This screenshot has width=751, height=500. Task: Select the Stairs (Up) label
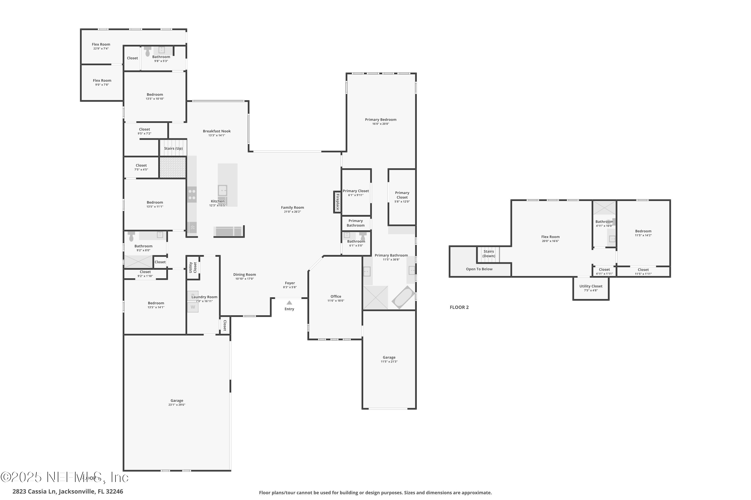[173, 148]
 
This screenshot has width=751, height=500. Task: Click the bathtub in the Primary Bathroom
[403, 297]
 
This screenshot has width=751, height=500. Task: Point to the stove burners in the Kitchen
[192, 194]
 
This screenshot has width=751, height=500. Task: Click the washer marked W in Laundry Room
[193, 307]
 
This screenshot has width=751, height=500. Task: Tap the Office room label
[336, 296]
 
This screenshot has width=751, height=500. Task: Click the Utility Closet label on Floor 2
[591, 286]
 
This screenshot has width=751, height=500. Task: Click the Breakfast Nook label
[217, 131]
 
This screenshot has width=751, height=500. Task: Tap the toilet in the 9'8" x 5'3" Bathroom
[147, 52]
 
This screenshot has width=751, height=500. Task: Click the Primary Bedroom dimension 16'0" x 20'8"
[381, 124]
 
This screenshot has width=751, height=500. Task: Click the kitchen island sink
[223, 191]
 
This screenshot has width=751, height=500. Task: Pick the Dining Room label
[244, 274]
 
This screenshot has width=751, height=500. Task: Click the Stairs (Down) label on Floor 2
[489, 254]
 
